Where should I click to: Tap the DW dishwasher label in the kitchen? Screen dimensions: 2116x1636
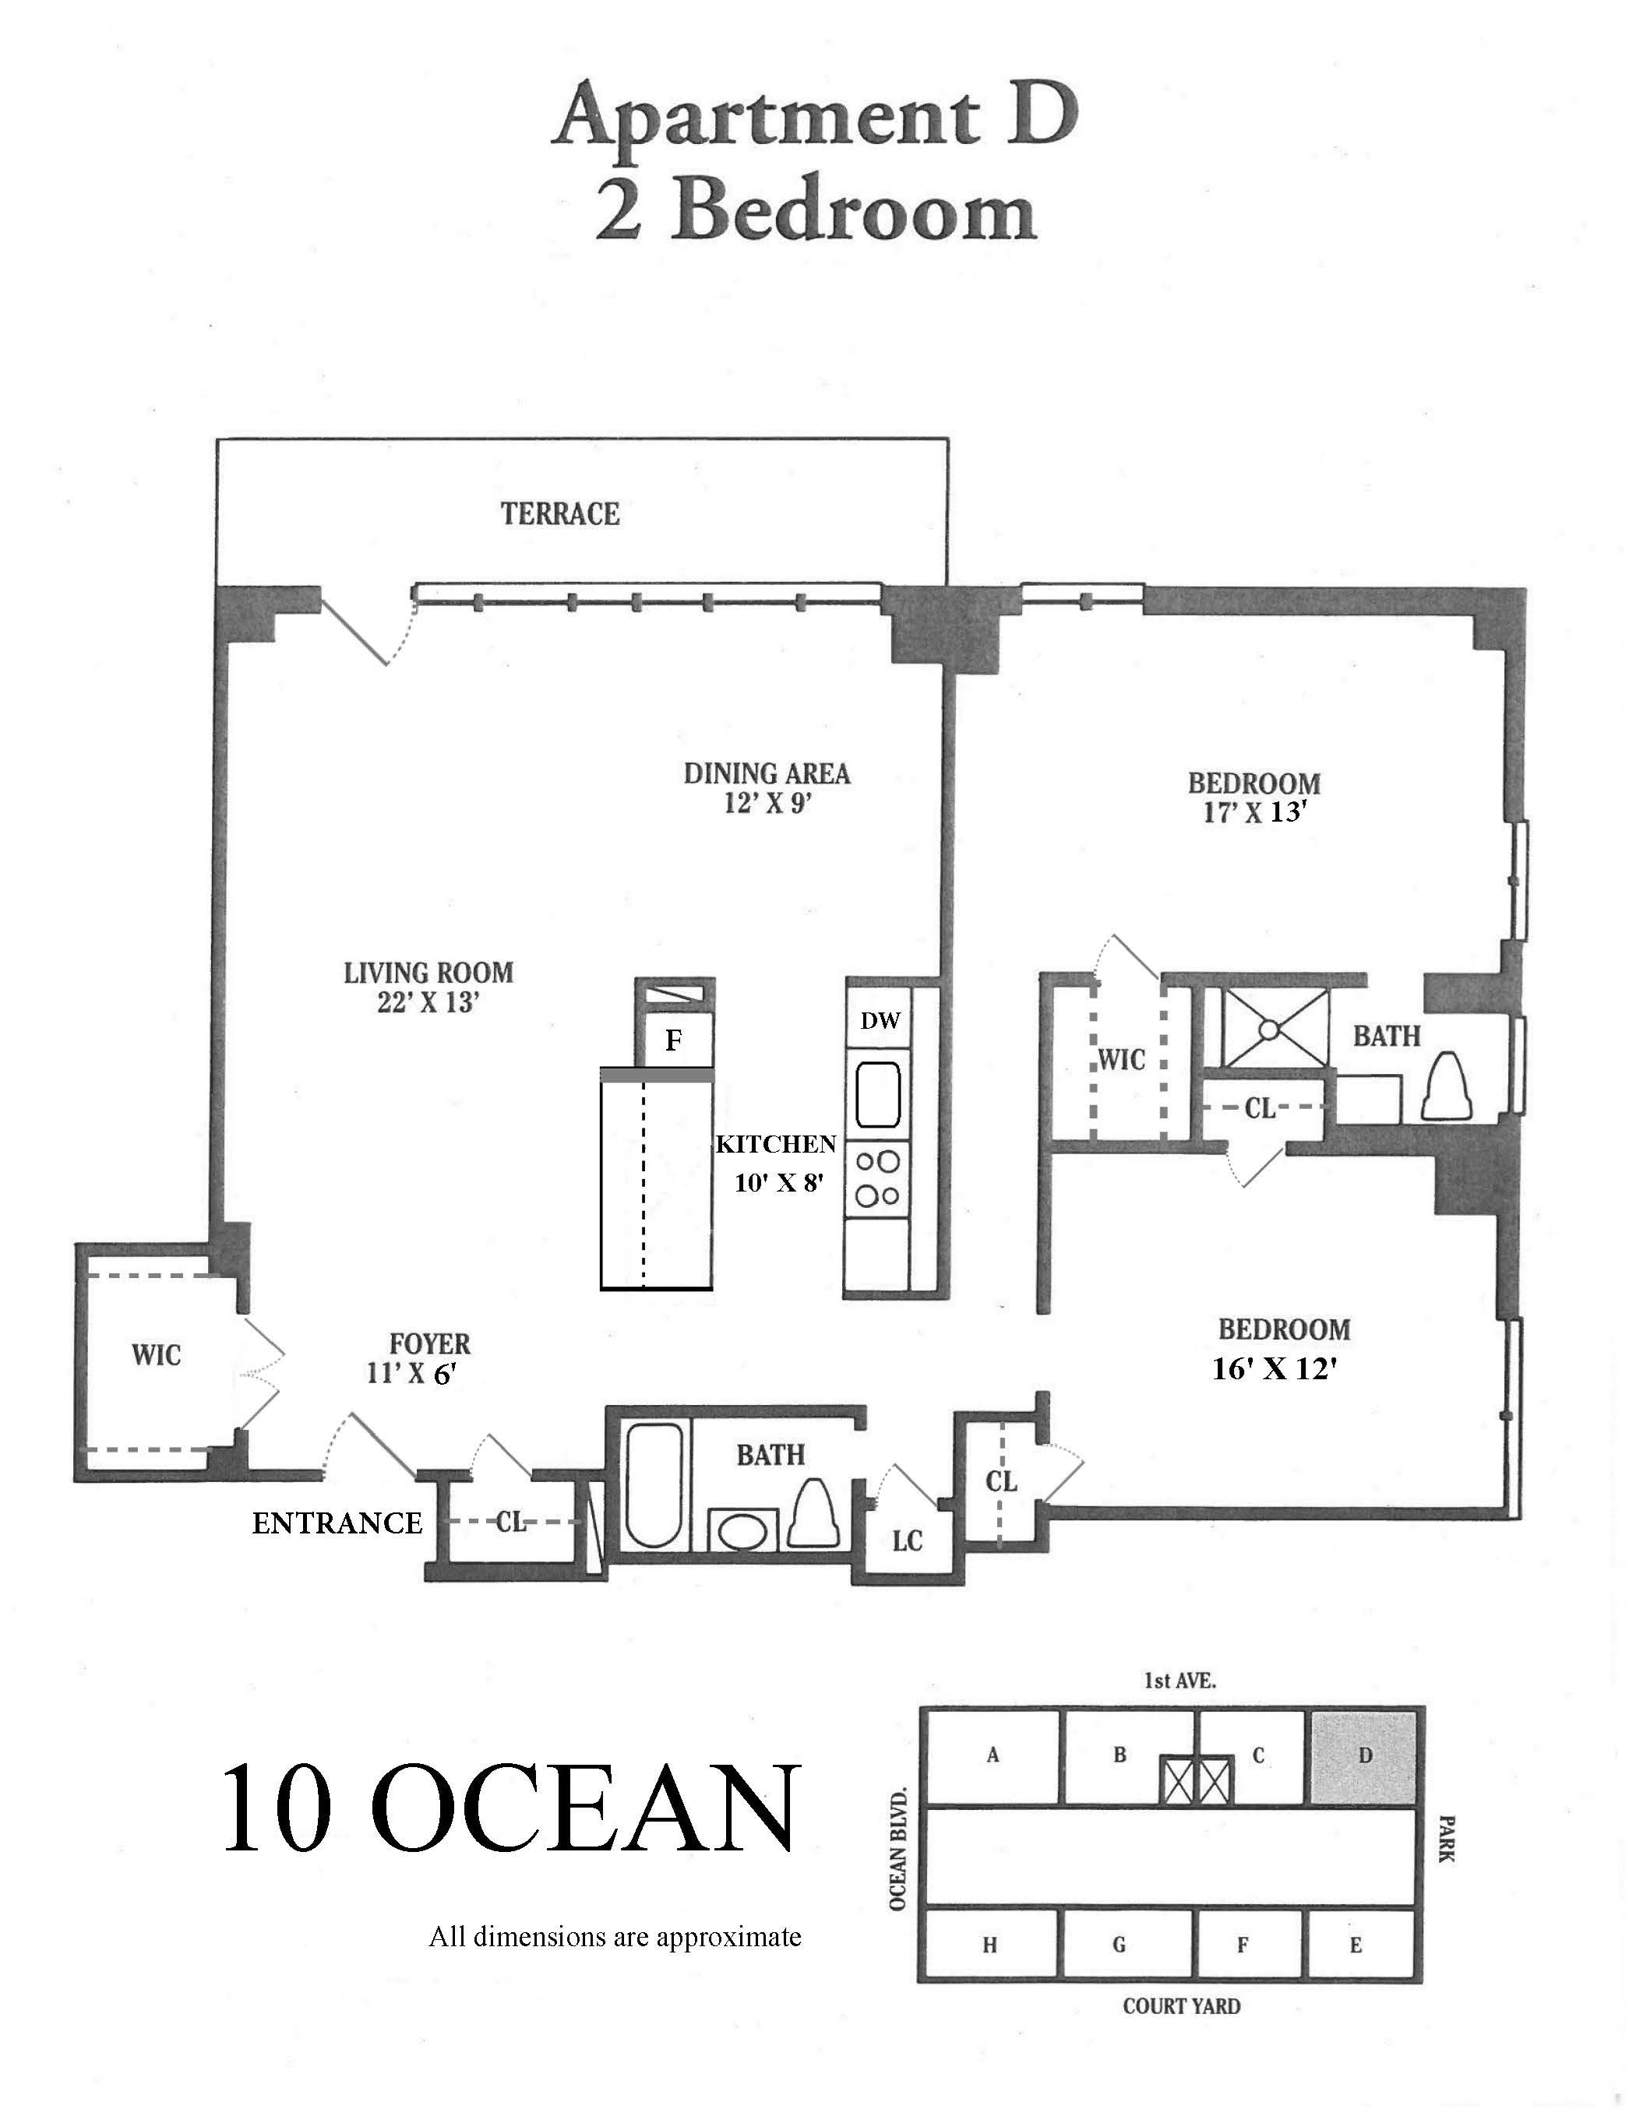[x=880, y=1020]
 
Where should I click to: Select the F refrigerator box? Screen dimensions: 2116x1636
[x=674, y=1040]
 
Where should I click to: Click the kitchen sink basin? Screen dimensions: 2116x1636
[x=878, y=1094]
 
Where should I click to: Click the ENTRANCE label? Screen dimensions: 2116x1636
[x=337, y=1524]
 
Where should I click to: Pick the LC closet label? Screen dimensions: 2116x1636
[x=907, y=1540]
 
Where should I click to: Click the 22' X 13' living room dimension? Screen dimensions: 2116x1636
[x=428, y=1003]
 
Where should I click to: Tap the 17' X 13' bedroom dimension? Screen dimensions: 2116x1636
[x=1255, y=812]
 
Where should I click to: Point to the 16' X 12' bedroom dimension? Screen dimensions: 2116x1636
[x=1275, y=1369]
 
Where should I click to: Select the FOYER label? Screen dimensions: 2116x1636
[x=429, y=1343]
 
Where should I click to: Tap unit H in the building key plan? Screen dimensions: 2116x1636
[x=989, y=1945]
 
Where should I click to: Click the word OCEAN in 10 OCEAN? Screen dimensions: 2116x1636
[x=592, y=1809]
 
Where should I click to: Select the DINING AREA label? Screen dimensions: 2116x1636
[x=767, y=773]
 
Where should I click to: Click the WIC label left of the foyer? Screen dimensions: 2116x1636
[x=156, y=1354]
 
